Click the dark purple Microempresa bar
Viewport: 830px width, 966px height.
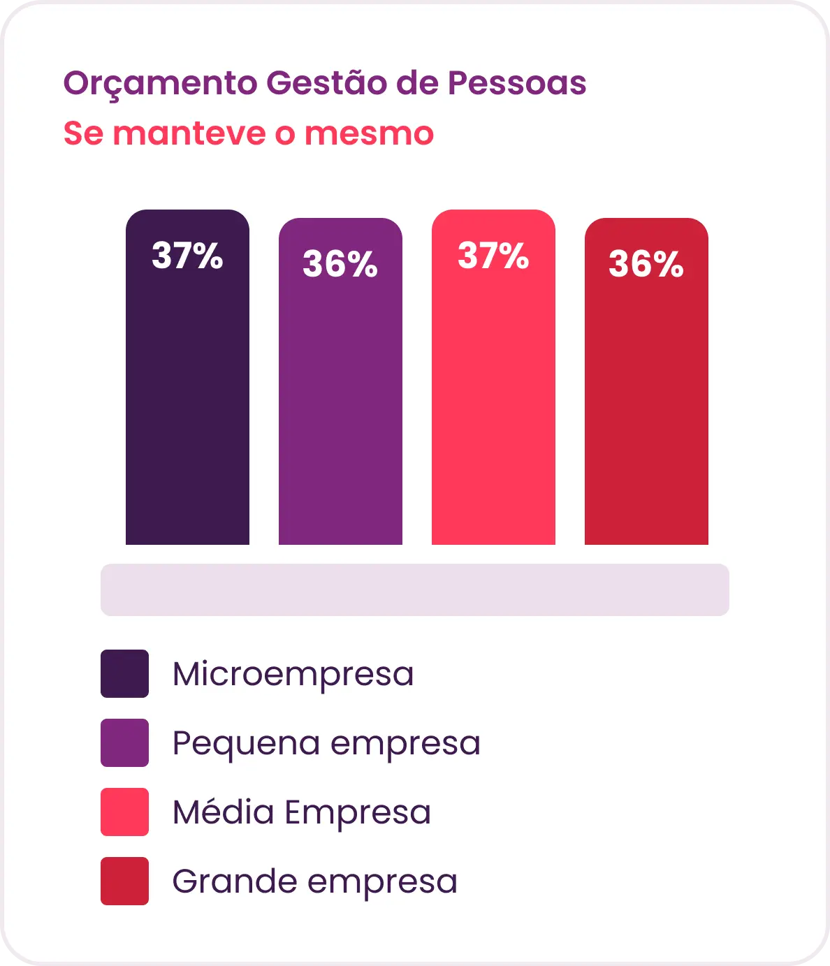click(187, 376)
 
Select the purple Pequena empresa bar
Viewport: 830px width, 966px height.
click(340, 381)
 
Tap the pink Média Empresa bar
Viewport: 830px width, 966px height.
click(493, 376)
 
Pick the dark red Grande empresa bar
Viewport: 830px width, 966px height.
click(646, 381)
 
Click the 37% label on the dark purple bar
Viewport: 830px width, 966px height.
click(187, 255)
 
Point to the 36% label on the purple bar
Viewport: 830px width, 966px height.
click(340, 263)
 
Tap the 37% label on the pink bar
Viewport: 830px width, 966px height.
click(493, 255)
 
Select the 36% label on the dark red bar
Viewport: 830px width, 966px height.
click(646, 263)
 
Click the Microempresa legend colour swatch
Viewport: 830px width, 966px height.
click(125, 673)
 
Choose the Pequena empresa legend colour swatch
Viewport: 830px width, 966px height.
click(125, 742)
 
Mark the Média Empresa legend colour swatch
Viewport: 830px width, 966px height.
click(125, 812)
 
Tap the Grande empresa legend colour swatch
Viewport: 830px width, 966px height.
click(125, 881)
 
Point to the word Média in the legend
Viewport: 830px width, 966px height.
click(224, 812)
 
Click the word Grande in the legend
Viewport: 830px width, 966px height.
click(235, 881)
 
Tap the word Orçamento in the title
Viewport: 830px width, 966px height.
click(160, 84)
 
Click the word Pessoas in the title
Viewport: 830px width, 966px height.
click(517, 83)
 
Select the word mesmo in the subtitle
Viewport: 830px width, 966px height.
click(369, 134)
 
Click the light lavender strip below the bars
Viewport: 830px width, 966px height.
click(415, 590)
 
